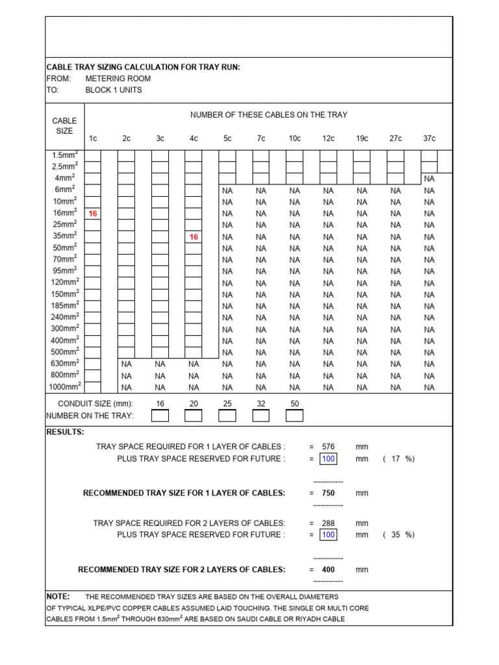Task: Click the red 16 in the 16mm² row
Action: (x=93, y=214)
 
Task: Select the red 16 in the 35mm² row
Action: (x=194, y=237)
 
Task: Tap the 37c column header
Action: (x=429, y=138)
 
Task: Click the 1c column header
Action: (x=93, y=138)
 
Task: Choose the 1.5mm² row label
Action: (x=66, y=155)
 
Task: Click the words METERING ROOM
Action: (x=118, y=79)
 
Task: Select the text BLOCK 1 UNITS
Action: (x=113, y=90)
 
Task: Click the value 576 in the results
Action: (x=328, y=447)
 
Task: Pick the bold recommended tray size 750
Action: (x=328, y=494)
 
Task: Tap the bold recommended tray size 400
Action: (x=328, y=570)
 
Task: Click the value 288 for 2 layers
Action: (x=328, y=523)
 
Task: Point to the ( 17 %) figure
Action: (x=398, y=459)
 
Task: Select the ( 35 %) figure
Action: (x=398, y=535)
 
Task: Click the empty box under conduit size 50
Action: (x=294, y=416)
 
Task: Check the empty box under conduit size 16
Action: (x=160, y=416)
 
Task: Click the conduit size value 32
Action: (x=261, y=404)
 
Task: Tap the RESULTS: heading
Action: (x=65, y=432)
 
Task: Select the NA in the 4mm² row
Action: (x=429, y=179)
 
